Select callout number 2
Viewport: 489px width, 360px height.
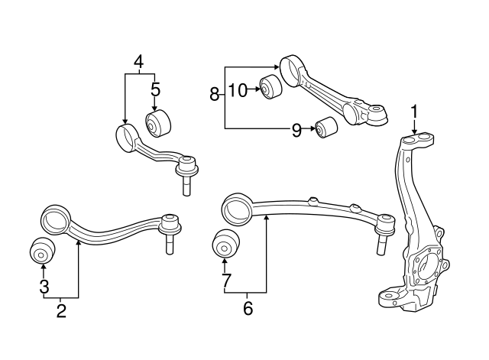coord(61,310)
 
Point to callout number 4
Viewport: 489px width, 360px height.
coord(138,60)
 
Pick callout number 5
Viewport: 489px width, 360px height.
coord(155,89)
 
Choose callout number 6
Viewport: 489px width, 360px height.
coord(248,309)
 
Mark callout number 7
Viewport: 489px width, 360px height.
coord(225,282)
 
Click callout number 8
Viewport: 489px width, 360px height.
coord(215,94)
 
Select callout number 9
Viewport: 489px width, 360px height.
coord(296,129)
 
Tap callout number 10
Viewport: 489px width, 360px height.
coord(238,91)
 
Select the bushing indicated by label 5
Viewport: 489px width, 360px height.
coord(158,122)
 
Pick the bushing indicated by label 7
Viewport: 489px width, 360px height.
coord(225,244)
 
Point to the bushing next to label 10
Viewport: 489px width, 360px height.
coord(270,88)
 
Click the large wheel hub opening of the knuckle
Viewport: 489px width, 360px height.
coord(426,268)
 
